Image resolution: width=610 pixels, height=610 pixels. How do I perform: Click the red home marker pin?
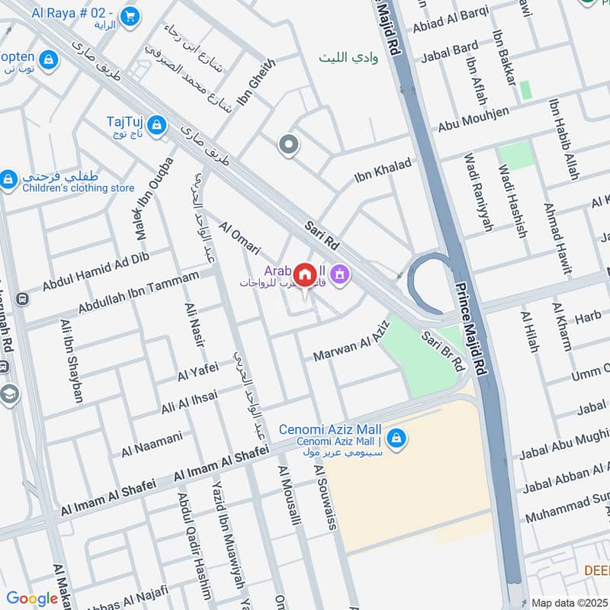click(x=305, y=275)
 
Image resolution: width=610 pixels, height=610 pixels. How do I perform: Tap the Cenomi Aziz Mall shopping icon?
click(x=396, y=438)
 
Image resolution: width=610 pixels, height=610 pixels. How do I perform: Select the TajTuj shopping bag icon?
click(x=156, y=125)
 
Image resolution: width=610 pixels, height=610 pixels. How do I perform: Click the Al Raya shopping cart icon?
click(x=130, y=15)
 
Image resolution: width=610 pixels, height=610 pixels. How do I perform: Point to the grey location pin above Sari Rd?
click(x=287, y=144)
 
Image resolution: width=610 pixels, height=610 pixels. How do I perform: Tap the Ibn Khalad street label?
click(x=383, y=170)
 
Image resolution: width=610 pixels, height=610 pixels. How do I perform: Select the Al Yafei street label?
click(x=197, y=371)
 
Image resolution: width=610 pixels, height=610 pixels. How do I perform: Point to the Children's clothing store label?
click(x=79, y=188)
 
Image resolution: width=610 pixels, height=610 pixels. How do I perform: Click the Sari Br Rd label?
click(x=443, y=352)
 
